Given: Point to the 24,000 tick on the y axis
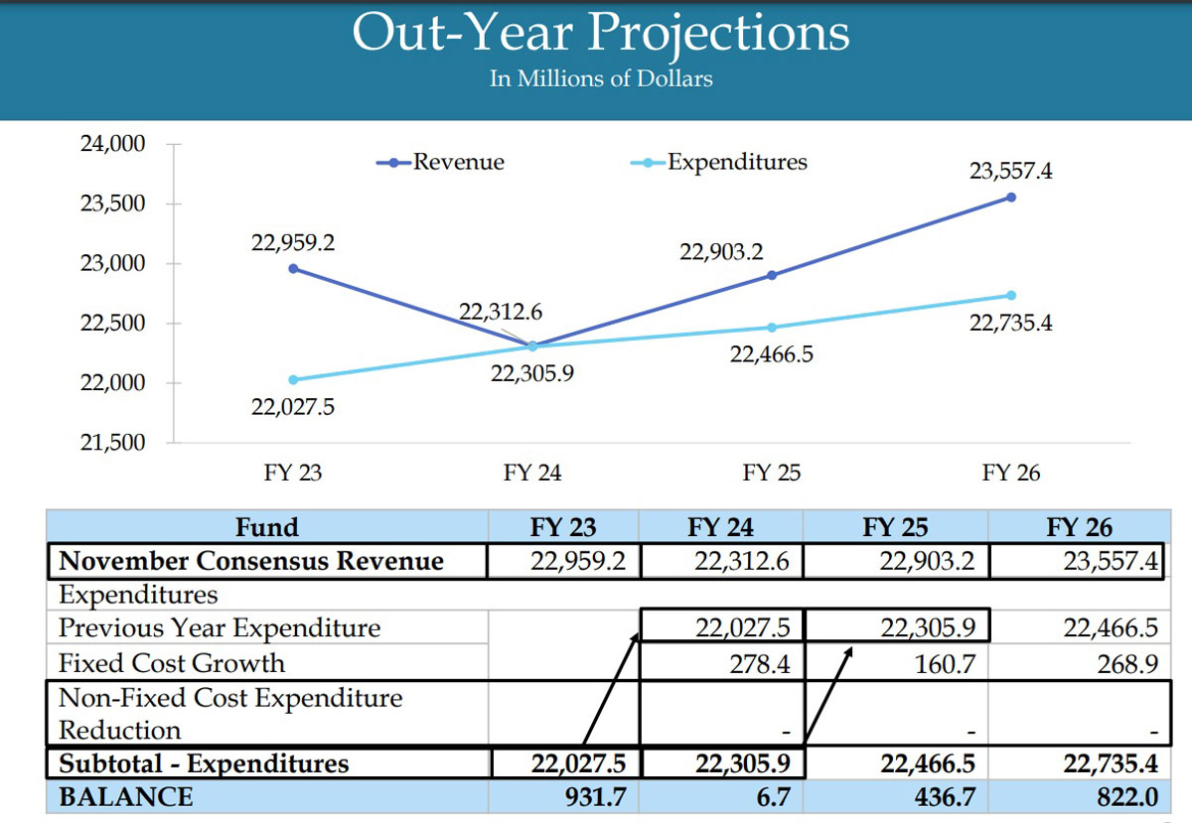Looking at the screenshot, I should (x=111, y=144).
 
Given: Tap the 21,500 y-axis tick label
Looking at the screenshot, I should (x=111, y=443).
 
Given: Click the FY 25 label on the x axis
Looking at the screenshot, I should (x=771, y=474).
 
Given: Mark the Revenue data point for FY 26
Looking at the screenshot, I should (x=1011, y=197).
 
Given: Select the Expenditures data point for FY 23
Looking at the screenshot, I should (x=293, y=379).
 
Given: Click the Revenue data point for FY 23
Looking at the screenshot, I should (x=293, y=268).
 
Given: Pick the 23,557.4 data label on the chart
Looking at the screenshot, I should (x=1011, y=172).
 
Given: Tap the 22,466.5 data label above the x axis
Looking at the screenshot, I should (x=772, y=353).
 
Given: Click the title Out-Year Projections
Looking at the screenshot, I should (x=601, y=33).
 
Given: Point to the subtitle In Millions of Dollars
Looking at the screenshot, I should (x=601, y=78).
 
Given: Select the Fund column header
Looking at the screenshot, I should (x=266, y=527).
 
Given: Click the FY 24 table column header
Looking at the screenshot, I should (x=722, y=527).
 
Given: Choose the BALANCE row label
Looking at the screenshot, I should (x=125, y=797).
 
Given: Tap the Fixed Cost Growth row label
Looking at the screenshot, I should (x=171, y=663).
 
